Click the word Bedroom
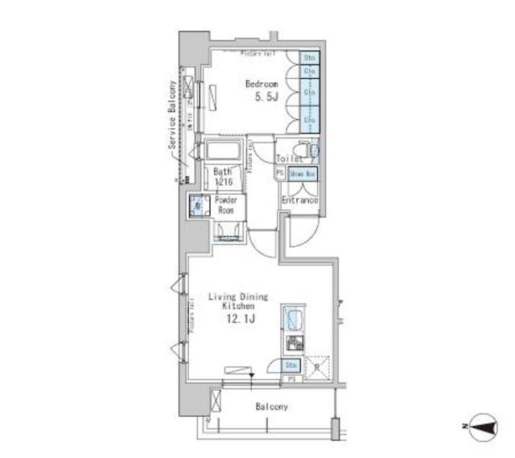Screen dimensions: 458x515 click(262, 83)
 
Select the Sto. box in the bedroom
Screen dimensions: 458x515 click(310, 58)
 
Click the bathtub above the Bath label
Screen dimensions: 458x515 click(223, 151)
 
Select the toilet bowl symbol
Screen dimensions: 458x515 click(303, 151)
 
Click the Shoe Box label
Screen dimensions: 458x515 click(302, 173)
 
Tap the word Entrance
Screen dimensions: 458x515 click(300, 200)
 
